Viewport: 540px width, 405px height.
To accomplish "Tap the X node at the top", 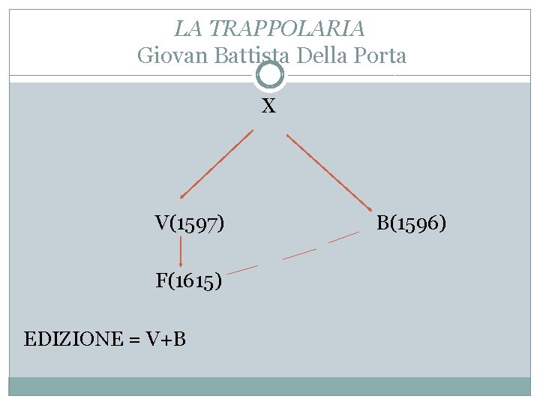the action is pos(268,106).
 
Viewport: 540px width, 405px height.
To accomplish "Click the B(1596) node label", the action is pos(412,223).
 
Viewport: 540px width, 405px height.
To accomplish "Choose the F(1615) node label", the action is pos(188,281).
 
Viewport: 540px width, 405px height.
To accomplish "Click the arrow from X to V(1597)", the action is pos(216,163).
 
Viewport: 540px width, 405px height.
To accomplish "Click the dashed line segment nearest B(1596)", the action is pos(344,238).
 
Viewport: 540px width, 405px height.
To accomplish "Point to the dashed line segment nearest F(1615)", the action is pos(242,268).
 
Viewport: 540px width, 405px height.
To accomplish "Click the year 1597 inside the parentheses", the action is pos(195,223).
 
